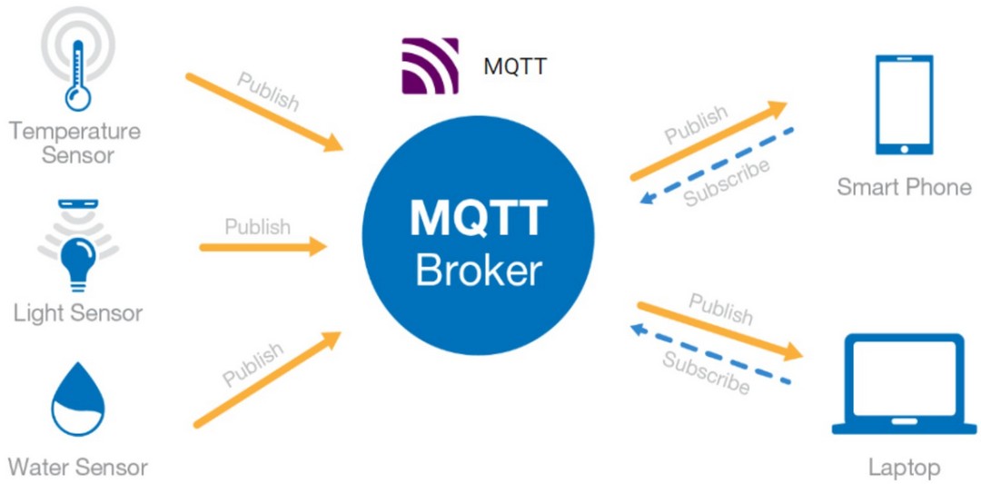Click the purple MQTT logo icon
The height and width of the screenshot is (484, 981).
coord(430,66)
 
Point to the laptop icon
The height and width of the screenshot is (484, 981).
coord(903,386)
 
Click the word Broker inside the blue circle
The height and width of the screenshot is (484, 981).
coord(478,270)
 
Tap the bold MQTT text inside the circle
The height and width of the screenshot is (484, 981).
coord(478,218)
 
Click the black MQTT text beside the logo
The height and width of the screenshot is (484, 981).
coord(515,66)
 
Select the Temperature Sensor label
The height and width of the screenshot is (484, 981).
coord(75,143)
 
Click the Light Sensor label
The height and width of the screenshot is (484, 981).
coord(78,313)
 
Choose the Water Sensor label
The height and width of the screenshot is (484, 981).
coord(78,468)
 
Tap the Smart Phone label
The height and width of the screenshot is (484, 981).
coord(904,187)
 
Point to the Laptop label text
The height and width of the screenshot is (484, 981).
coord(903,468)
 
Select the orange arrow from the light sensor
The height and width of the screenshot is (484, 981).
coord(263,246)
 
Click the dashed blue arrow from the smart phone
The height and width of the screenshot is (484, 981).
coord(717,164)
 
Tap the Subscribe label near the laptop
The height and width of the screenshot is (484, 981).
coord(706,372)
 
